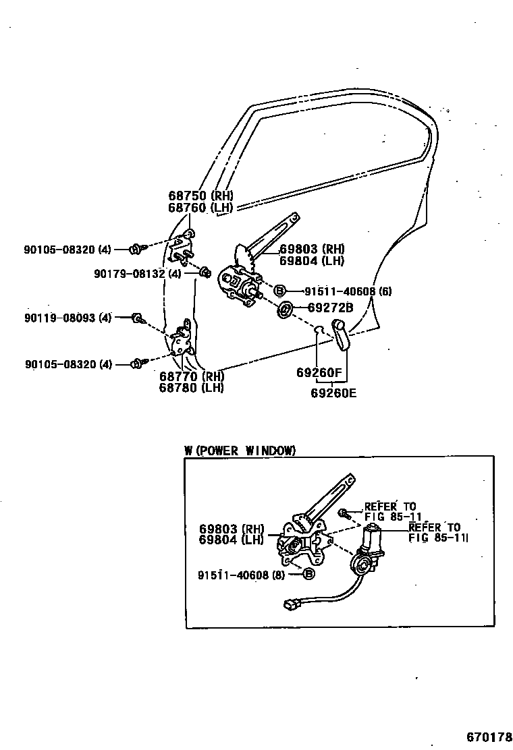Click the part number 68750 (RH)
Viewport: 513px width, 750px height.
(x=200, y=196)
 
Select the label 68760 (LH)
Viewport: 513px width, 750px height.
(x=200, y=208)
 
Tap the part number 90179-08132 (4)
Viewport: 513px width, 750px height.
(x=138, y=273)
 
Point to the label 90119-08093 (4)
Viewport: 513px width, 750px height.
(x=68, y=318)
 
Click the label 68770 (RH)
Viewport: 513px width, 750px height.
(x=191, y=376)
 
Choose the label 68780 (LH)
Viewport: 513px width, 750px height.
(x=191, y=388)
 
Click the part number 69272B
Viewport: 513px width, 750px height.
(x=331, y=308)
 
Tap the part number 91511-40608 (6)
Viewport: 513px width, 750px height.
(x=348, y=291)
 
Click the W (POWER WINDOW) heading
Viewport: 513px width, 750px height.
(x=240, y=451)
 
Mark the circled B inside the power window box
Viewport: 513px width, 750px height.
(x=308, y=575)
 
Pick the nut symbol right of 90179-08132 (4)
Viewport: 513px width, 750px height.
(x=205, y=272)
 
